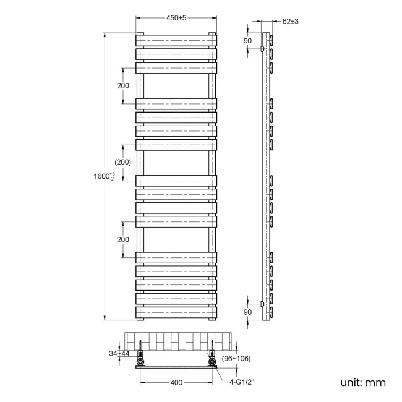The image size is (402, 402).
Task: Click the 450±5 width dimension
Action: [x=176, y=19]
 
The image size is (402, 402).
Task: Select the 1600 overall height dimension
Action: [x=103, y=176]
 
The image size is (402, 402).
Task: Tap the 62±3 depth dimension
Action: [x=290, y=21]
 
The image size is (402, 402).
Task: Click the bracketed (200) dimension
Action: [x=123, y=162]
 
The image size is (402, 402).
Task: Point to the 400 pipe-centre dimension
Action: [x=176, y=383]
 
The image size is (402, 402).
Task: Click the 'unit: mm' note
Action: [x=362, y=382]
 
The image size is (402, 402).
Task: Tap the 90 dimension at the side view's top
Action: [x=247, y=41]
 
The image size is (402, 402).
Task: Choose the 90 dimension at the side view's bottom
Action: [x=247, y=312]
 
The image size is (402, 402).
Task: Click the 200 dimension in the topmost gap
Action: [x=123, y=85]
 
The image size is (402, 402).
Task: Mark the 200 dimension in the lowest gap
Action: [x=123, y=239]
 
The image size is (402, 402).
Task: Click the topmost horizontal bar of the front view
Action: [x=176, y=40]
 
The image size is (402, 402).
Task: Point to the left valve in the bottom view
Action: [x=141, y=358]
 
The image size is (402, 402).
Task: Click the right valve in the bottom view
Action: [x=213, y=358]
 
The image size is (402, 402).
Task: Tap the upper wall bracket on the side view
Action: [x=263, y=48]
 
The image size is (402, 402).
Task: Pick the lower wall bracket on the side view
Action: [x=263, y=304]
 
